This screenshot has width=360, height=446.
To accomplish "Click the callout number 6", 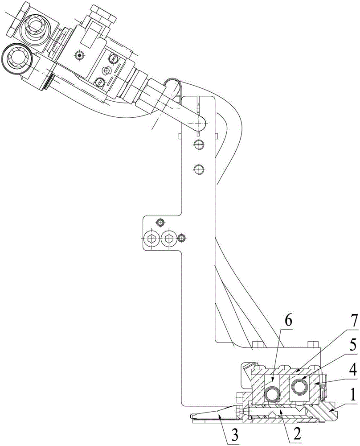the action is tap(288, 322).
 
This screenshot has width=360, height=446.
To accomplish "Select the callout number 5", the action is tap(352, 346).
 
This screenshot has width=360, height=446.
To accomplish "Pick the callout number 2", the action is tap(297, 434).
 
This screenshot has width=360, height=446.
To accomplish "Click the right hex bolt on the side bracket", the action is tap(168, 238).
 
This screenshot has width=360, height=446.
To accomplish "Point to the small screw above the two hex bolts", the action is tap(160, 222).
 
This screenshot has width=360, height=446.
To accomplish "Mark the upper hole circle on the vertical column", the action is tap(199, 144).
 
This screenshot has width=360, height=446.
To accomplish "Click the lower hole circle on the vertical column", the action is tap(199, 169).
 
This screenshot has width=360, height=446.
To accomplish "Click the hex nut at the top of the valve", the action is tap(102, 14).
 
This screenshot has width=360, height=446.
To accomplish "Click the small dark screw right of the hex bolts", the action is tap(181, 238).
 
